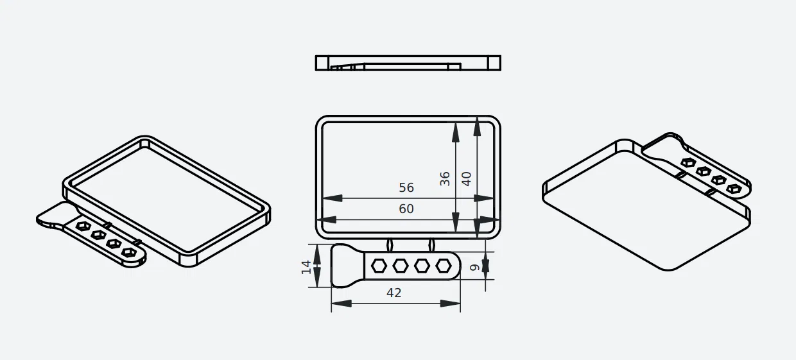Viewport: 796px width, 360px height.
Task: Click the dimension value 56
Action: [x=406, y=187]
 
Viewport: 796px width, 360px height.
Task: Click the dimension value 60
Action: [x=406, y=209]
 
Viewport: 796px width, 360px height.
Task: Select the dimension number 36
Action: [x=445, y=178]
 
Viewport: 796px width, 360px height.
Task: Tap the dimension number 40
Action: [x=467, y=178]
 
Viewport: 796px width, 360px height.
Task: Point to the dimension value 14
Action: [x=306, y=266]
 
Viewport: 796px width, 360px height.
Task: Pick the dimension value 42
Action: [x=394, y=293]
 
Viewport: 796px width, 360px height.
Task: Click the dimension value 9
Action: [x=474, y=268]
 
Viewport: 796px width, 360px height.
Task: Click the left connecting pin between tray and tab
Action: [x=390, y=244]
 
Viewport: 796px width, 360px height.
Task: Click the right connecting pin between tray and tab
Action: [x=432, y=244]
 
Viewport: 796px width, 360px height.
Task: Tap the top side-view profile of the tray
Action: [x=408, y=63]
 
